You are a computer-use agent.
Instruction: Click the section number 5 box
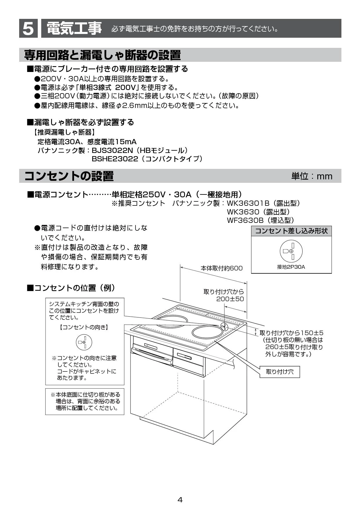click(x=28, y=28)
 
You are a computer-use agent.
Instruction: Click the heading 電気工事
click(x=74, y=28)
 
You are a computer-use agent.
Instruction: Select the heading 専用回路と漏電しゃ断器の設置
click(x=102, y=55)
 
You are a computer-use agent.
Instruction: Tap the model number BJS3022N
click(x=112, y=150)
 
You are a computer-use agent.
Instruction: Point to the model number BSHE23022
click(x=115, y=159)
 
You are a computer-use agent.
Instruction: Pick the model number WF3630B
click(x=245, y=220)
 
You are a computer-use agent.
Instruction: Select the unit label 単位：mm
click(x=312, y=176)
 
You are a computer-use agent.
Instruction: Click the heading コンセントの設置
click(x=69, y=176)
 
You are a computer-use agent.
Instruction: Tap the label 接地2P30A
click(x=291, y=267)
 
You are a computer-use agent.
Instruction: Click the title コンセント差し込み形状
click(x=291, y=231)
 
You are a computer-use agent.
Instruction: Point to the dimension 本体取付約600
click(x=222, y=268)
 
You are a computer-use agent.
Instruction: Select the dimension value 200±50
click(x=230, y=299)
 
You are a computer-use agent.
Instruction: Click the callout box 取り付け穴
click(x=280, y=372)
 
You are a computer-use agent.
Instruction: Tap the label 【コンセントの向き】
click(x=84, y=327)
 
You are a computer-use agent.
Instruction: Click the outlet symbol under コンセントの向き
click(x=84, y=342)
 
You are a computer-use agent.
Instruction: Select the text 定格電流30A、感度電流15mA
click(x=87, y=142)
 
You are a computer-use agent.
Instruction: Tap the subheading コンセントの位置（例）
click(x=71, y=288)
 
